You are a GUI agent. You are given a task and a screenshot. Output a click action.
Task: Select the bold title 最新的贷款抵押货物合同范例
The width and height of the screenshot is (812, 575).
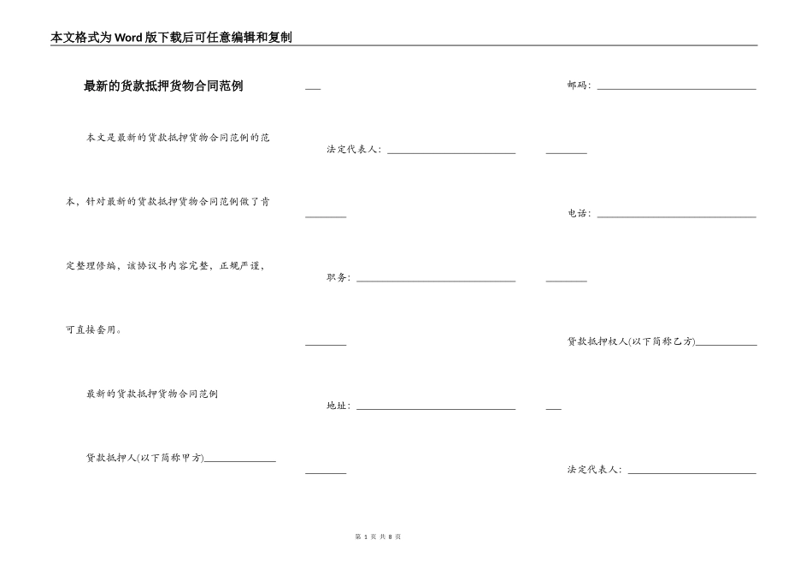pos(163,86)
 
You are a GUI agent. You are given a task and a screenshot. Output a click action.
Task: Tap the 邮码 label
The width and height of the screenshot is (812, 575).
pos(578,86)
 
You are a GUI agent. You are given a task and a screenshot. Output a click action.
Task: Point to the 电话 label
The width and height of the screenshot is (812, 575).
pos(578,214)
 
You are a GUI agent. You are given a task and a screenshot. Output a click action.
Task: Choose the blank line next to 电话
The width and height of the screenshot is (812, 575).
pos(676,216)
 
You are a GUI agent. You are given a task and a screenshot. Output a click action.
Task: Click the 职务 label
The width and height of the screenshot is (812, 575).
pos(338,278)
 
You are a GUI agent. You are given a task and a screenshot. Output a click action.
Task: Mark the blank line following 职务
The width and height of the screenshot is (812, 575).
pos(436,281)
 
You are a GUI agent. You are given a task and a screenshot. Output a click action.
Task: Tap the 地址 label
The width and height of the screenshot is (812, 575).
pos(338,406)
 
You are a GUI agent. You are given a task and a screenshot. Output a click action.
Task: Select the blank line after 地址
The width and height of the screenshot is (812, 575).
pos(436,408)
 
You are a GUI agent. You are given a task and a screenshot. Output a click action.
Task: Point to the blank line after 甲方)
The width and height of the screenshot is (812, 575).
pos(240,461)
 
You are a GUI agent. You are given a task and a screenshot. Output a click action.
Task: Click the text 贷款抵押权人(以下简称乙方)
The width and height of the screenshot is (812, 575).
pos(631,341)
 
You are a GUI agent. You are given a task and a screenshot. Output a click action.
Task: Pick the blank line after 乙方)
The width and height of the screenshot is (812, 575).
pos(727,344)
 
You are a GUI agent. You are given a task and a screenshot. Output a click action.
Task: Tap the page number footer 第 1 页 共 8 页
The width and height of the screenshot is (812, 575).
pos(377,536)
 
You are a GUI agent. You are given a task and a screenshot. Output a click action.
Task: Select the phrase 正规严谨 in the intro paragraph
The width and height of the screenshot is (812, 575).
pos(241,266)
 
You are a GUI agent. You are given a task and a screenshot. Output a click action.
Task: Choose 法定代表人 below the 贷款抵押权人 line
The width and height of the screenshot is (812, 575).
pos(593,470)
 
